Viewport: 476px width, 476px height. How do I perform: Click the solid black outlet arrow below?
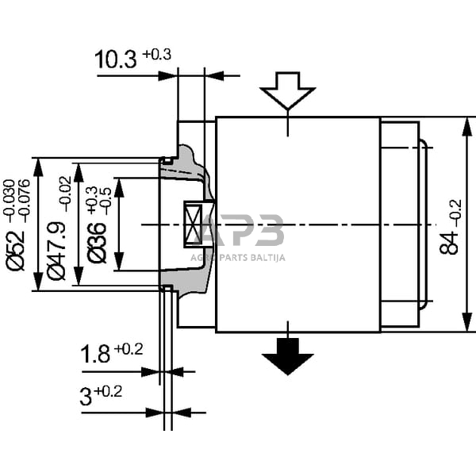288,354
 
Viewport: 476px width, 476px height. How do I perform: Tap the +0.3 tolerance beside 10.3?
157,54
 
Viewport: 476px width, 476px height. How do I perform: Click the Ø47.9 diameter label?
56,251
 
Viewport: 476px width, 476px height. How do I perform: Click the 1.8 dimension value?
95,355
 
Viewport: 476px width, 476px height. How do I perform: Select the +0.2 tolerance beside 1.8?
129,349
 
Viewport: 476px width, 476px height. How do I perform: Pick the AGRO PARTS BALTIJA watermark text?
237,257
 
